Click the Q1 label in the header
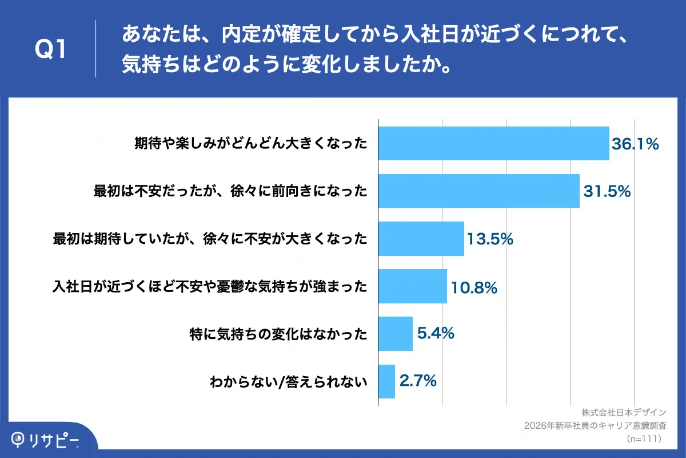[x=51, y=49]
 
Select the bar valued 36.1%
[x=494, y=143]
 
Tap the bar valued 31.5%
[x=479, y=191]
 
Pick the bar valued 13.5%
[x=421, y=238]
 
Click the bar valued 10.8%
[x=413, y=286]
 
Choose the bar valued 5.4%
[x=396, y=333]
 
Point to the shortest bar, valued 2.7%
[x=387, y=381]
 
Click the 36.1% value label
[x=636, y=144]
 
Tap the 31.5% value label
[x=607, y=192]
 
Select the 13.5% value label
[x=490, y=239]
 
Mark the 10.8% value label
[x=473, y=287]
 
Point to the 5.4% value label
[x=436, y=333]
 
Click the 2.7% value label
[x=418, y=380]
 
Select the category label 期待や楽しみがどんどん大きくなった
[x=250, y=144]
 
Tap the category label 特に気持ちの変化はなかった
[x=278, y=333]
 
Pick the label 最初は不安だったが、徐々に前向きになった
[x=230, y=191]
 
